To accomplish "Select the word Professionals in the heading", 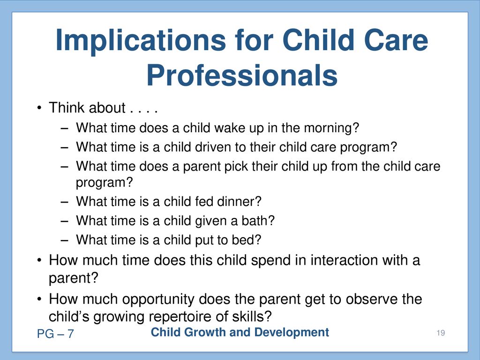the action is (242, 75).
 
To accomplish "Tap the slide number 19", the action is (441, 333).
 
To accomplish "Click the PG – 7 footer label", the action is (55, 334).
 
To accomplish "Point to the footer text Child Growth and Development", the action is (240, 332).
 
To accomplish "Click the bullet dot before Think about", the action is (39, 108).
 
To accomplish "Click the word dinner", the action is (239, 202).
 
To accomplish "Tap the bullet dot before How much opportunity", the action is (39, 299).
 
